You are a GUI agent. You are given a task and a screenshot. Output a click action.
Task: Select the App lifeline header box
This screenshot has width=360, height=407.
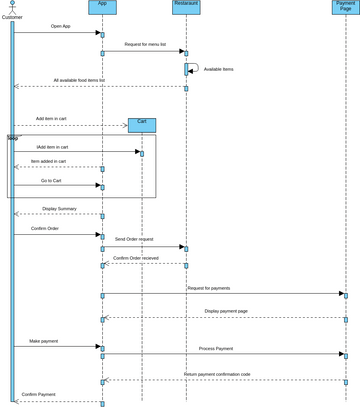[102, 7]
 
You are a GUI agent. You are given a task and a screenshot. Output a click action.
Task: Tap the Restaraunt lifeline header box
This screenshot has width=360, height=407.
[186, 7]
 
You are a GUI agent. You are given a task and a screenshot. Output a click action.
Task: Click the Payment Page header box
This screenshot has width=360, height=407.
[345, 7]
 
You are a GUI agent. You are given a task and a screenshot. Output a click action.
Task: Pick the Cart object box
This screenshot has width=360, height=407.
[142, 125]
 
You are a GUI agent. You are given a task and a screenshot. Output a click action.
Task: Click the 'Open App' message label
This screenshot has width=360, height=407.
[60, 26]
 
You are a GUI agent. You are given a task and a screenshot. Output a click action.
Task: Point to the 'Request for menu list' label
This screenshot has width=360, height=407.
[146, 44]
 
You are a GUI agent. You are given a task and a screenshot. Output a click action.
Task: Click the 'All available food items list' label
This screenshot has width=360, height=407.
[79, 80]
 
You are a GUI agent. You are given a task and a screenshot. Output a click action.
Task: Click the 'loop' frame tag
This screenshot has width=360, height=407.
[12, 138]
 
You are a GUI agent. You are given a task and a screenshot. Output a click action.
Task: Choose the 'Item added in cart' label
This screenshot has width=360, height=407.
[48, 161]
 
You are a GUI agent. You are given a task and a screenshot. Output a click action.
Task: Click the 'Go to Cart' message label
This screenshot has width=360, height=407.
[52, 180]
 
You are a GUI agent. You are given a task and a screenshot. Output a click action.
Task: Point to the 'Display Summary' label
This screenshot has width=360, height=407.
[60, 209]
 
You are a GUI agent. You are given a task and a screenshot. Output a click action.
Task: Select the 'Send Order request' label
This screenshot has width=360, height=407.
[134, 240]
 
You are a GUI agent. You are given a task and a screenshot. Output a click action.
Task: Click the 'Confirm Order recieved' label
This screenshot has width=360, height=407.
[135, 258]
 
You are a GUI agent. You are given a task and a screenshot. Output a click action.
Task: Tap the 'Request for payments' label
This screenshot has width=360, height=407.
[208, 288]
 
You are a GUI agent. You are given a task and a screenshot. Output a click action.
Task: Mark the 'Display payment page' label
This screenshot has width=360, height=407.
[226, 311]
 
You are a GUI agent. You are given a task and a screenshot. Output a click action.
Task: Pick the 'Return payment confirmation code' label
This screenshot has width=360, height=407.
[218, 374]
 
